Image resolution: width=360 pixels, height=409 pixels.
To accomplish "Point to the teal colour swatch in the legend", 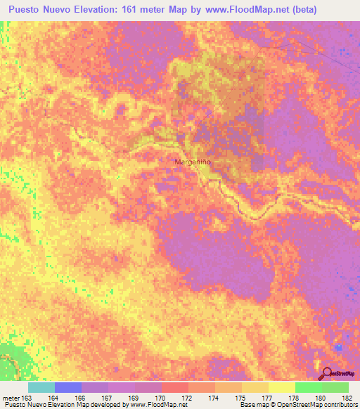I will (41, 387).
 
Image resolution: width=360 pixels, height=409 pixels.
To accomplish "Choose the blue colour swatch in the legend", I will (68, 387).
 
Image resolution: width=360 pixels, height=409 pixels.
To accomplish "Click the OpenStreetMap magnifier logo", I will (326, 373).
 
